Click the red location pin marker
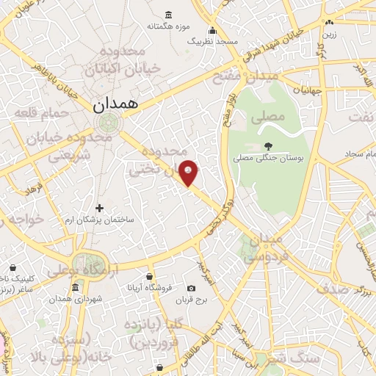coord(189,173)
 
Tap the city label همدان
coord(116,105)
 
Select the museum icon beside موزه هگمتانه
coord(170,15)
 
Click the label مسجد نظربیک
coord(213,42)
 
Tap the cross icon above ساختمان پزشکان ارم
coord(100,209)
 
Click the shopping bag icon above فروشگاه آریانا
coord(149,276)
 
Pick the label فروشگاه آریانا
coord(150,288)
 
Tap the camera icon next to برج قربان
coord(192,288)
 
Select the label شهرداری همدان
coord(70,298)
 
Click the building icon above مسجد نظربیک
coord(213,30)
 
